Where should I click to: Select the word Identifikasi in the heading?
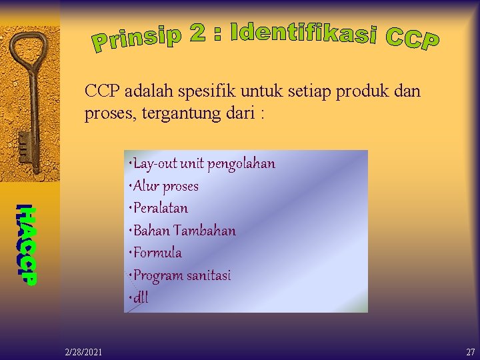point(303,34)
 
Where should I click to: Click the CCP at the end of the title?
point(412,38)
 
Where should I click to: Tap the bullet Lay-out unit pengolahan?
point(203,163)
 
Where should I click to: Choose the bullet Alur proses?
point(165,186)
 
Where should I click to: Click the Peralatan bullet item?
point(160,208)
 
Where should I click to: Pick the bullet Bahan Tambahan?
point(183,231)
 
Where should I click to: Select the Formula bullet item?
point(157,253)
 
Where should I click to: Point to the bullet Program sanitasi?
point(181,275)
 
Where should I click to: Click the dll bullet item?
point(140,298)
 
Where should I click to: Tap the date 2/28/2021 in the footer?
point(83,351)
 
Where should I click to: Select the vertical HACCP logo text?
point(27,244)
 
